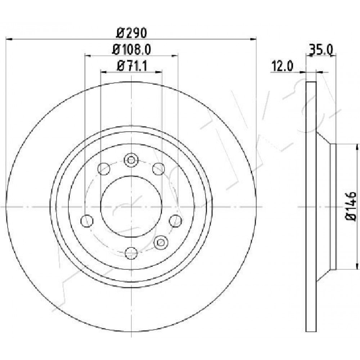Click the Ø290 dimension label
[x=131, y=33]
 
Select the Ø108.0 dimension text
[x=131, y=50]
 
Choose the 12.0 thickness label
[x=282, y=66]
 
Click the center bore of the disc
[x=131, y=207]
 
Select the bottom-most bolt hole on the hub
[x=131, y=253]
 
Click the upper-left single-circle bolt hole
[x=104, y=169]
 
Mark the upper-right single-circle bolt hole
[x=159, y=169]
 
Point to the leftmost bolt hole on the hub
[x=87, y=221]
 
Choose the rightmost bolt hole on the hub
[x=175, y=221]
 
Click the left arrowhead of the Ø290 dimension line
[x=9, y=39]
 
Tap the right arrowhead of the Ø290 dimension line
[x=253, y=39]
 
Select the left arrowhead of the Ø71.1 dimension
[x=104, y=72]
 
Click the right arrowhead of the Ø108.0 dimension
[x=175, y=55]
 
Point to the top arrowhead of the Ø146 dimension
[x=357, y=147]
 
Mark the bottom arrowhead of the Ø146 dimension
[x=357, y=266]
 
